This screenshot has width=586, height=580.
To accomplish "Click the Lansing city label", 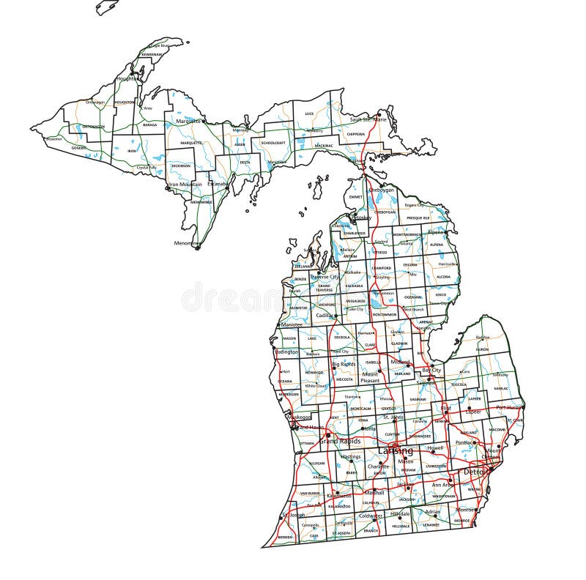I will [x=396, y=450].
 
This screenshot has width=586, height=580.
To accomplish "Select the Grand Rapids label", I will [x=338, y=442].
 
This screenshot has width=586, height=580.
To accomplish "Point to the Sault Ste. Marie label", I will [x=368, y=119].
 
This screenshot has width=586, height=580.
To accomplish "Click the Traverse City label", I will [x=324, y=277].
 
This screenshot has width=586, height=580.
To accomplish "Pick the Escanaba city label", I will [x=218, y=184].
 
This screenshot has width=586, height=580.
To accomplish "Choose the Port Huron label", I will [x=510, y=407].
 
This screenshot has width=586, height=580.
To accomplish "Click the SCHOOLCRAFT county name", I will [x=272, y=143].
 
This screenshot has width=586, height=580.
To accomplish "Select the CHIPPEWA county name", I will [x=355, y=135].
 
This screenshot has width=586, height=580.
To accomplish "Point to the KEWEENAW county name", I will [x=152, y=54].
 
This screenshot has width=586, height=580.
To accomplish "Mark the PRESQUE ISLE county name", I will [x=418, y=218].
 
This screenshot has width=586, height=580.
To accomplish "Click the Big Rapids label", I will [x=344, y=363].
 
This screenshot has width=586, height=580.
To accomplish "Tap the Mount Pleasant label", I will [x=370, y=377].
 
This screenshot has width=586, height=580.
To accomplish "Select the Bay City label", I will [x=431, y=371].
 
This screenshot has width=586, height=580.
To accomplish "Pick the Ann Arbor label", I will [x=442, y=484].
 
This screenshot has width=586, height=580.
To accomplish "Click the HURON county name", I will [x=482, y=349].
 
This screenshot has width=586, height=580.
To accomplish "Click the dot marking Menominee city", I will [x=197, y=248].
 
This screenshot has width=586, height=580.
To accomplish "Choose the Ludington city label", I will [x=286, y=352].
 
